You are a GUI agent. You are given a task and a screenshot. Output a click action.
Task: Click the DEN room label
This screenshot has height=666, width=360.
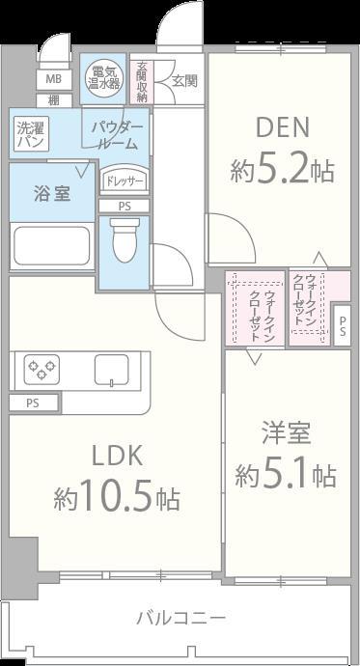(282, 127)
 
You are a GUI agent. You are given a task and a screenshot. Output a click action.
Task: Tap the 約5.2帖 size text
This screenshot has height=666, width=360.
(282, 171)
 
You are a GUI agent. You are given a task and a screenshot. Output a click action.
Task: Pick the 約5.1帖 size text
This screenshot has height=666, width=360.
(286, 475)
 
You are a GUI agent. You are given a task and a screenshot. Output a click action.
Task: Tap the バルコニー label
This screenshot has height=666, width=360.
(180, 617)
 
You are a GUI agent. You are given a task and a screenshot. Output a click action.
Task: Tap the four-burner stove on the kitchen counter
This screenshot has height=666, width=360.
(42, 371)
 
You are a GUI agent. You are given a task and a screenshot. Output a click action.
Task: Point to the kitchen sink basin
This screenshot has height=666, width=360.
(111, 371)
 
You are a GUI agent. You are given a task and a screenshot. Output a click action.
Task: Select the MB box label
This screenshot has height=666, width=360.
(53, 79)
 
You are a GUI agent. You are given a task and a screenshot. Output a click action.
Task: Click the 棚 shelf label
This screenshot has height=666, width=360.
(53, 99)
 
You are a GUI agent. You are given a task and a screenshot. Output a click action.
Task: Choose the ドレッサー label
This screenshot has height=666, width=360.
(124, 180)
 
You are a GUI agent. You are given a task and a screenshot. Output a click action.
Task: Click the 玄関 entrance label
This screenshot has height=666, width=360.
(184, 81)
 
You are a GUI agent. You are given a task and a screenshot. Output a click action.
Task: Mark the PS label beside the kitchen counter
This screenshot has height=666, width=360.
(33, 402)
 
